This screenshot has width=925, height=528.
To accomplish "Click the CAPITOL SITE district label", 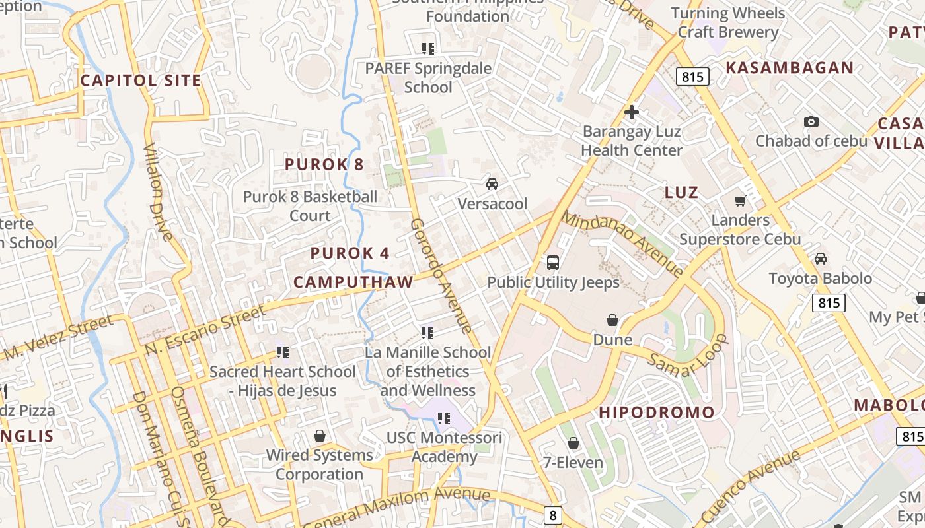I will point(140,81).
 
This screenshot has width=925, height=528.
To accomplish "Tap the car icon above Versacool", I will point(492,183).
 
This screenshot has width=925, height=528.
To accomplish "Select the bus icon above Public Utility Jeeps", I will point(553,262).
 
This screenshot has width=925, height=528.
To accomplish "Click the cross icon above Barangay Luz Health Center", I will point(632,112).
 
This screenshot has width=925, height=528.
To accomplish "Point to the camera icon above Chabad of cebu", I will point(811,121).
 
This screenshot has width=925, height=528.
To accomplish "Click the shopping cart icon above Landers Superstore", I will point(741,201).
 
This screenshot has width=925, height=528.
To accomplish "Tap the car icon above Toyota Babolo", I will point(821,259).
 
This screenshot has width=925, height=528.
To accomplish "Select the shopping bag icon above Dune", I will point(612,320).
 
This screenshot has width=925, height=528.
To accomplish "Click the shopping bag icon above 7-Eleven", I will point(573,443).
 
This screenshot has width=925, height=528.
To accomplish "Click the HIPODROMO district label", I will point(657,412).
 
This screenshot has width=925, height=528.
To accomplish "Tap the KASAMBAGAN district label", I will point(790,67).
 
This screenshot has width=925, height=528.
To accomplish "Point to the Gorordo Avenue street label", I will point(441,276).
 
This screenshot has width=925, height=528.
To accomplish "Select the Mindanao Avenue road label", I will point(622,244).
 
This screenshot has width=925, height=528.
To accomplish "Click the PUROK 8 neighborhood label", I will point(324,164).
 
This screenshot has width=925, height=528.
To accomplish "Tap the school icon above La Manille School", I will point(427,333).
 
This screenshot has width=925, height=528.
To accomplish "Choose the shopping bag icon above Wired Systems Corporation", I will point(320,436).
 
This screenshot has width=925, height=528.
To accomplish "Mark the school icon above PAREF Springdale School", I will point(428,48).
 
